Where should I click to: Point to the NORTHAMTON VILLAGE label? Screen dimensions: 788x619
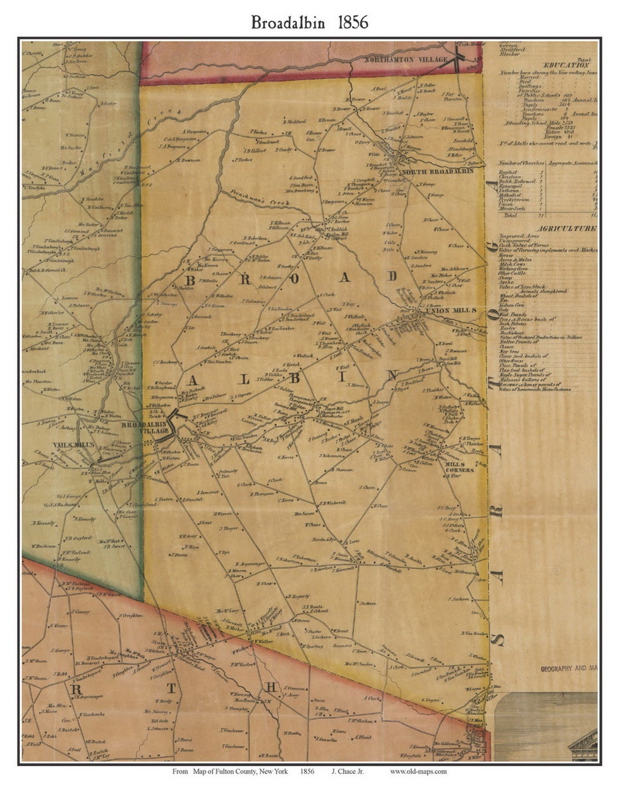pos(406,60)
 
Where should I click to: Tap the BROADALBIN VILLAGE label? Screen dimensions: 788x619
pos(152,427)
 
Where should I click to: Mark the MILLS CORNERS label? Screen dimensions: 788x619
pos(460,466)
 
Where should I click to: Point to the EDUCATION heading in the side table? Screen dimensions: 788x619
pos(567,65)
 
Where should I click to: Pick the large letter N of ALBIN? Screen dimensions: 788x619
pos(393,376)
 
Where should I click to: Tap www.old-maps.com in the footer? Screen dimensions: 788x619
pos(418,771)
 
